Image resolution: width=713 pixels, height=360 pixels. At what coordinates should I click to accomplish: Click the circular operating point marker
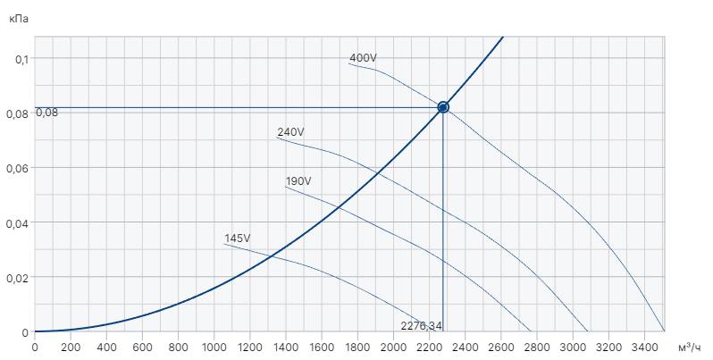pyautogui.click(x=442, y=107)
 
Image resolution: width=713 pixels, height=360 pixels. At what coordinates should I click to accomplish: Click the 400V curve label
pyautogui.click(x=363, y=59)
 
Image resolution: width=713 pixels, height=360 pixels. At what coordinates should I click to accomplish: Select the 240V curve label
pyautogui.click(x=290, y=132)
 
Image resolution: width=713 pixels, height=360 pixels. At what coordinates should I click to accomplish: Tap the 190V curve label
pyautogui.click(x=298, y=181)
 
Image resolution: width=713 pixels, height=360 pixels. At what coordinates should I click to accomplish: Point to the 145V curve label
pyautogui.click(x=238, y=239)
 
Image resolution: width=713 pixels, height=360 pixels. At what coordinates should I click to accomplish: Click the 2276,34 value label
pyautogui.click(x=422, y=324)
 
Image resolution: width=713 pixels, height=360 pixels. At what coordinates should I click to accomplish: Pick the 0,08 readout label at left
pyautogui.click(x=46, y=113)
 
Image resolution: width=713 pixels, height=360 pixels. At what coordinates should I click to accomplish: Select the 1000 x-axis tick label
pyautogui.click(x=214, y=347)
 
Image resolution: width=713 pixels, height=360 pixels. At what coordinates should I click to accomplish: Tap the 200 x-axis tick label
pyautogui.click(x=71, y=347)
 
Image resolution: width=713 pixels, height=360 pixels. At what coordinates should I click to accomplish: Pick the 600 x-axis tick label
pyautogui.click(x=142, y=347)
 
